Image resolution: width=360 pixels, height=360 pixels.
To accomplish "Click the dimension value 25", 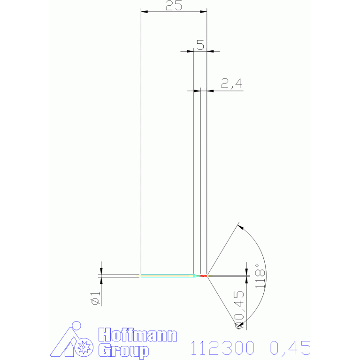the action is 174,6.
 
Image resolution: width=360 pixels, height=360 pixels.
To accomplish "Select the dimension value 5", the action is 200,45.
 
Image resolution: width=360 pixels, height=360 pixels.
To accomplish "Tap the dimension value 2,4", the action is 231,83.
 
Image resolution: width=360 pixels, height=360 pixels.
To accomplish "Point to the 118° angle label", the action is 260,276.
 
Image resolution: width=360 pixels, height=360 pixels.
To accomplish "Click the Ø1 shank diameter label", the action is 96,298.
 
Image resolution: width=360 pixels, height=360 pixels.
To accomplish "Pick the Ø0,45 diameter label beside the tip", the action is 239,309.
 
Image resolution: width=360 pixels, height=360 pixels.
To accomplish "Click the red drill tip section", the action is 204,276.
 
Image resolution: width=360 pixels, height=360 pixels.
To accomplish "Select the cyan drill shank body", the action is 168,276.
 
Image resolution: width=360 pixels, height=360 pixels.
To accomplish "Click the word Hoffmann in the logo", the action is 138,335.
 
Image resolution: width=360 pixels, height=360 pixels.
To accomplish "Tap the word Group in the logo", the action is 123,351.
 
